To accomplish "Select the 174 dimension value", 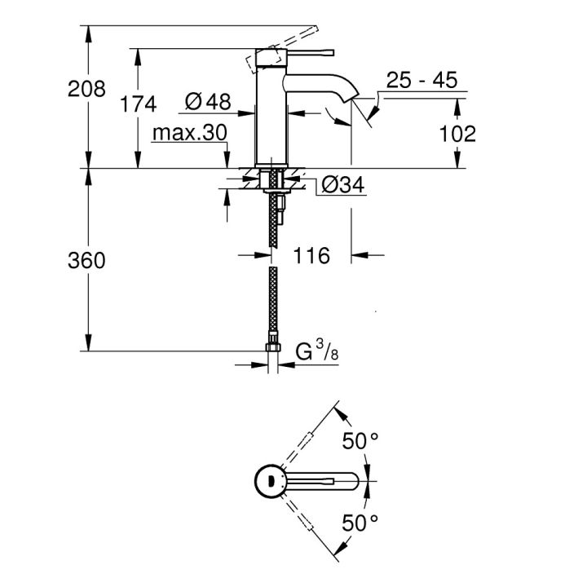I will click(x=137, y=104).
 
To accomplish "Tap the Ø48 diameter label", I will click(x=208, y=102).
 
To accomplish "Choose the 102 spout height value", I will click(x=457, y=133).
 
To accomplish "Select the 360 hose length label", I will click(x=86, y=261).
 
